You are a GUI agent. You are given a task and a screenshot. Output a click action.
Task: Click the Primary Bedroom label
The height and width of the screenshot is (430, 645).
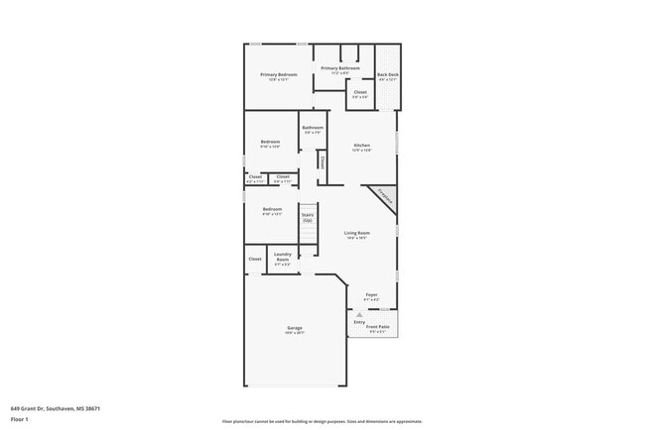pyautogui.click(x=279, y=75)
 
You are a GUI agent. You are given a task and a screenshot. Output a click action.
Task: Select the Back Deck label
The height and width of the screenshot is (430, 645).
pyautogui.click(x=387, y=75)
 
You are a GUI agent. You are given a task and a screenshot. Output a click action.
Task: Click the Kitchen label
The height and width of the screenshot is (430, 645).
pyautogui.click(x=362, y=146)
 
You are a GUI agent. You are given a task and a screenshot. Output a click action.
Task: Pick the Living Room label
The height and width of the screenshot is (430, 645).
pyautogui.click(x=357, y=233)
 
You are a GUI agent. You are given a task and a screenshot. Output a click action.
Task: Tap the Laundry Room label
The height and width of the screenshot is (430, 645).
pyautogui.click(x=282, y=259)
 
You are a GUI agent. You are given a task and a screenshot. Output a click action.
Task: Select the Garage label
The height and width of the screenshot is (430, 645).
pyautogui.click(x=295, y=328)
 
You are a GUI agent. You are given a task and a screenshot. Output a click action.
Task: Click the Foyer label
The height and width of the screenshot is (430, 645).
pyautogui.click(x=371, y=294)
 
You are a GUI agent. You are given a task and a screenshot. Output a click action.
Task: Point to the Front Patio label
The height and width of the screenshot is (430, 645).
pyautogui.click(x=378, y=326)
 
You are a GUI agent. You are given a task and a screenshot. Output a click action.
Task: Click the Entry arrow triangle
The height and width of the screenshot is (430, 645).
pyautogui.click(x=359, y=314)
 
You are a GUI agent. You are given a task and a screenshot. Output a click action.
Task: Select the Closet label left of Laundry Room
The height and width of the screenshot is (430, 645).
pyautogui.click(x=255, y=259)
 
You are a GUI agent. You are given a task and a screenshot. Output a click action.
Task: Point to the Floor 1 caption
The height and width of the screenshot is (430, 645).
pyautogui.click(x=19, y=418)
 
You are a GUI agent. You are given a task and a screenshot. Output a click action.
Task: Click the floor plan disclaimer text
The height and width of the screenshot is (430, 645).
pyautogui.click(x=322, y=420)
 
